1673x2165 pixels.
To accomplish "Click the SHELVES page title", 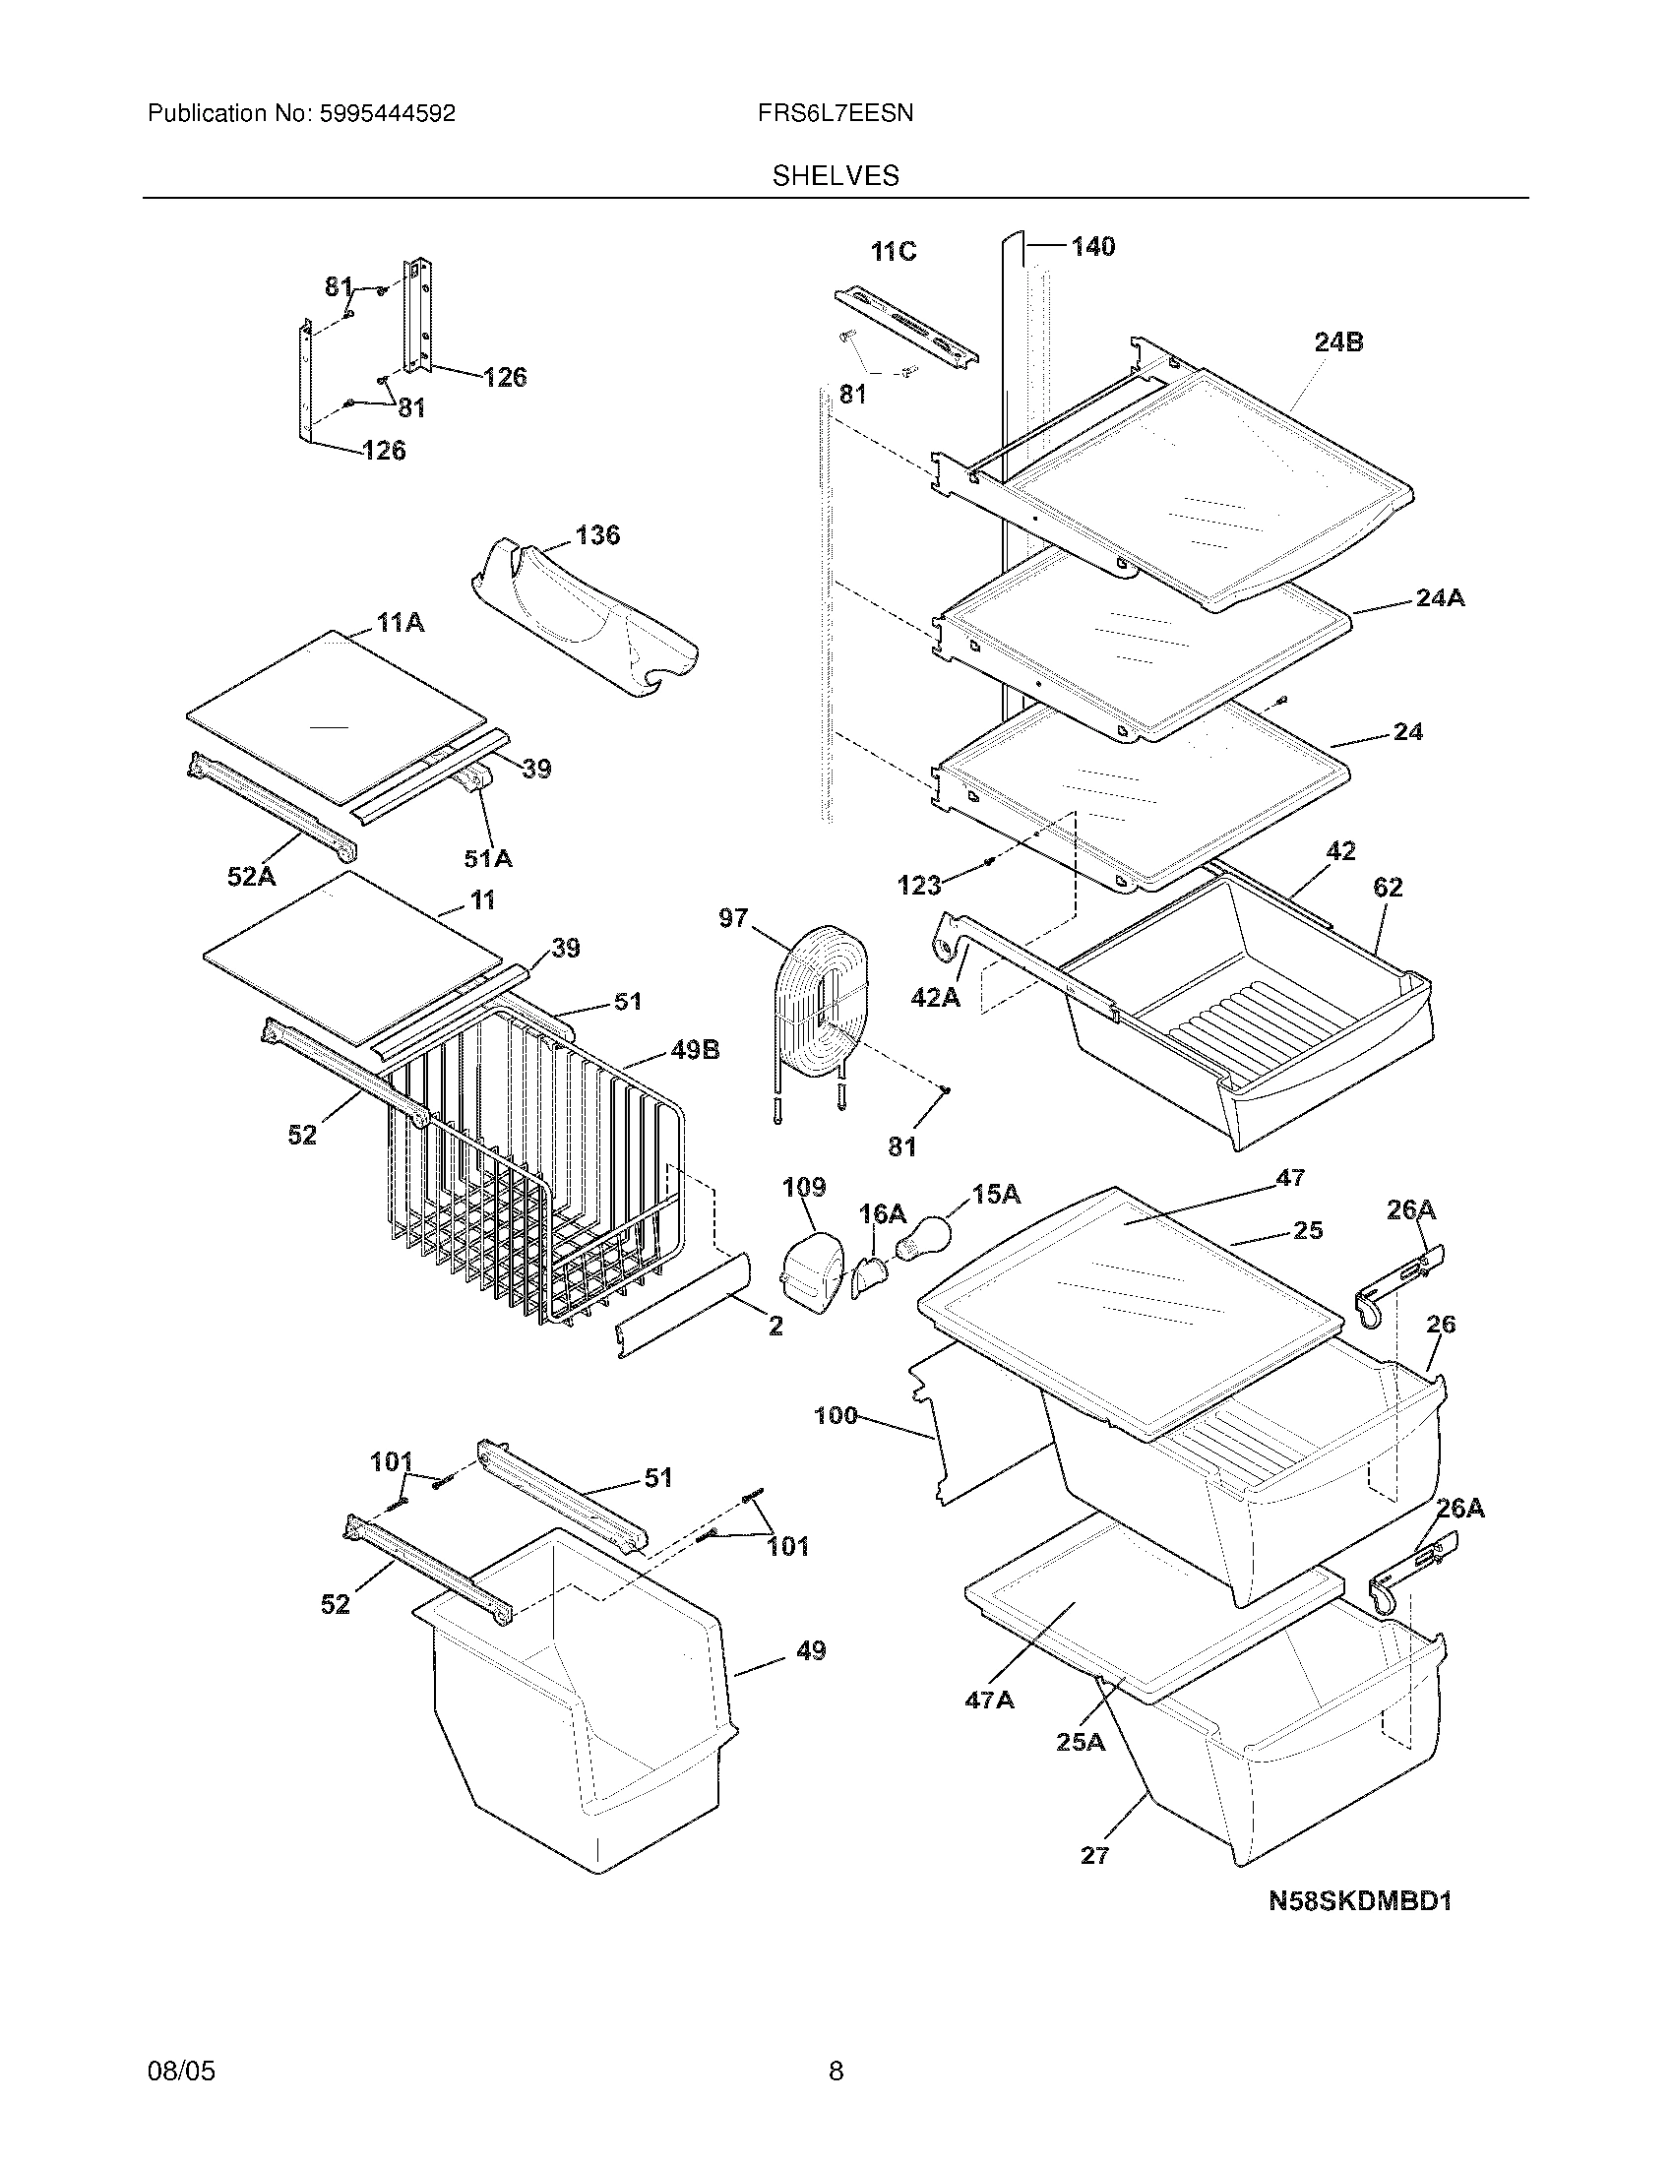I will [x=836, y=176].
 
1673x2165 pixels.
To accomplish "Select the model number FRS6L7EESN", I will [x=836, y=114].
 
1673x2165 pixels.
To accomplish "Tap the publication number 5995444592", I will [x=387, y=114].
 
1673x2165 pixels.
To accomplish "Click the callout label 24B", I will [x=1338, y=343].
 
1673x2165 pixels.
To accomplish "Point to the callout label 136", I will [x=597, y=535].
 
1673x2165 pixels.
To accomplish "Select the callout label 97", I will [x=733, y=918].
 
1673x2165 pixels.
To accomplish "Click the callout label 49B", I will [x=695, y=1050].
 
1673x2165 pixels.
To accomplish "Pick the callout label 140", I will [x=1092, y=247].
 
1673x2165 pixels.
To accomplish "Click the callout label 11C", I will [x=893, y=253].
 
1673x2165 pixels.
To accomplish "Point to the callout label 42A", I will [x=936, y=997].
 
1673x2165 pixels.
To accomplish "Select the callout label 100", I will [x=836, y=1415].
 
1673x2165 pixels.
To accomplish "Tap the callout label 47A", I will [x=989, y=1701].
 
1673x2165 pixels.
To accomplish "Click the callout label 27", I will [x=1094, y=1856].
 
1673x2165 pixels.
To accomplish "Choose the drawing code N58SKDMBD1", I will [x=1360, y=1901].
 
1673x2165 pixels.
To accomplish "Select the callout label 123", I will [x=919, y=886].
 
